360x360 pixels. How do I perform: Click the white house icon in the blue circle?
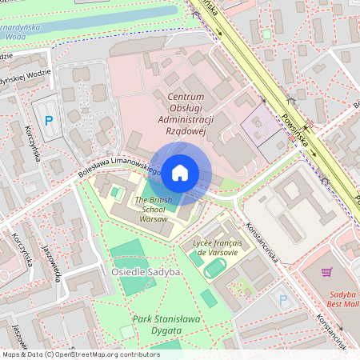click(180, 172)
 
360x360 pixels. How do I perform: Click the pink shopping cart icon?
click(326, 272)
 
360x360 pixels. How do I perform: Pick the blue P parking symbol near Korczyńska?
click(49, 122)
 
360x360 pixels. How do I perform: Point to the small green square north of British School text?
click(118, 192)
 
